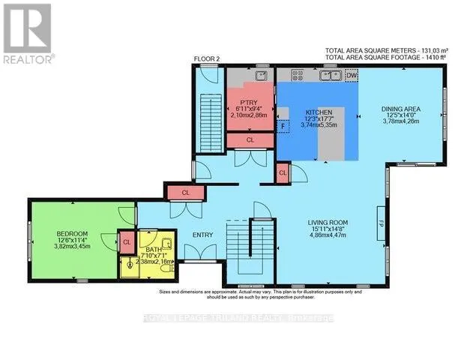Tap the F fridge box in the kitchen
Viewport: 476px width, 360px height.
(x=283, y=127)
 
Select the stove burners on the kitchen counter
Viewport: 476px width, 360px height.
(x=297, y=75)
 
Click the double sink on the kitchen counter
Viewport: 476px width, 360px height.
(x=329, y=75)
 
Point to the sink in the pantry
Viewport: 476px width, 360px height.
(x=260, y=75)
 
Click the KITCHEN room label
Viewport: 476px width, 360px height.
(x=317, y=112)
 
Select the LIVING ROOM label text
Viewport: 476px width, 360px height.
(x=331, y=223)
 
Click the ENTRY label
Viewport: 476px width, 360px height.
(x=202, y=235)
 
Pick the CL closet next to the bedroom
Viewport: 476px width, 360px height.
(x=127, y=241)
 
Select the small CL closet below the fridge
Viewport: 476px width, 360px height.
(x=283, y=173)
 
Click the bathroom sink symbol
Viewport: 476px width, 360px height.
(x=166, y=243)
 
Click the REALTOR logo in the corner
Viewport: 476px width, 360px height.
(x=28, y=34)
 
